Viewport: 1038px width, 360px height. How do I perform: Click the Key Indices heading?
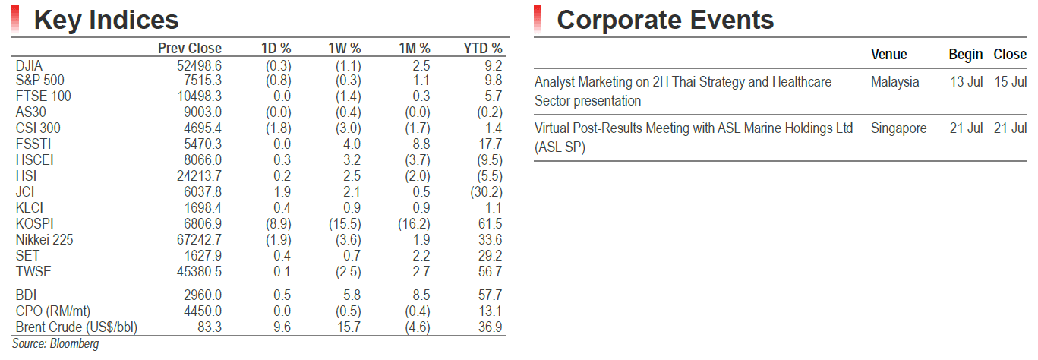106,20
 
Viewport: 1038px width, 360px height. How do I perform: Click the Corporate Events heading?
665,20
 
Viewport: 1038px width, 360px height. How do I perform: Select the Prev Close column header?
190,48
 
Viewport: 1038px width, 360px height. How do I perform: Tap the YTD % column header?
482,48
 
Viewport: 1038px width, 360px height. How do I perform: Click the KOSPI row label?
35,224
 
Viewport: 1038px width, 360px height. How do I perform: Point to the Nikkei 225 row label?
45,239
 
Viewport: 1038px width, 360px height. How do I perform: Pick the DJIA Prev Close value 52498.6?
199,65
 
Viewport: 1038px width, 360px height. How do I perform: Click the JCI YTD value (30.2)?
486,192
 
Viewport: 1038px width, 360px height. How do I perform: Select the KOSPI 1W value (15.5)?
345,224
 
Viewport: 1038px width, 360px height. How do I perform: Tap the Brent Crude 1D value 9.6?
282,327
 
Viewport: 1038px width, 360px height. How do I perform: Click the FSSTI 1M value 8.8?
421,144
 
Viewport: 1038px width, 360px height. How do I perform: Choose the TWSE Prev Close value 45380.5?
199,271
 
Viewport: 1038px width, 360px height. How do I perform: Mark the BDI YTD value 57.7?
491,295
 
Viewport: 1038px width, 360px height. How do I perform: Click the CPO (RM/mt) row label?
53,311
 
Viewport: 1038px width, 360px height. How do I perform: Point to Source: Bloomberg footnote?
55,344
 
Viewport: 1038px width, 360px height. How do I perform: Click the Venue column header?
888,54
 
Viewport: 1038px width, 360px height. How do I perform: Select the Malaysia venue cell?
894,82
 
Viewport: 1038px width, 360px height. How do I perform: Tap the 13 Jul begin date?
966,82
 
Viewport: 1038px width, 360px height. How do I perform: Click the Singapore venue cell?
898,128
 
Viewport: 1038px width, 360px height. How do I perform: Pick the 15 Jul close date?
1010,82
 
